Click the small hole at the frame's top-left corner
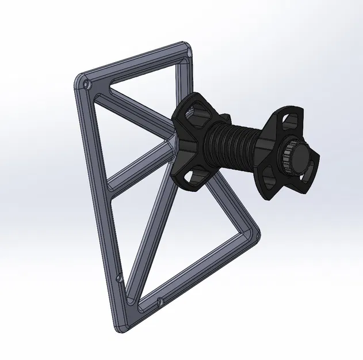point(86,85)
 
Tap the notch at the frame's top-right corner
point(186,54)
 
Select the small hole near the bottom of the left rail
point(118,278)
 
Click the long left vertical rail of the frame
point(99,190)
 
